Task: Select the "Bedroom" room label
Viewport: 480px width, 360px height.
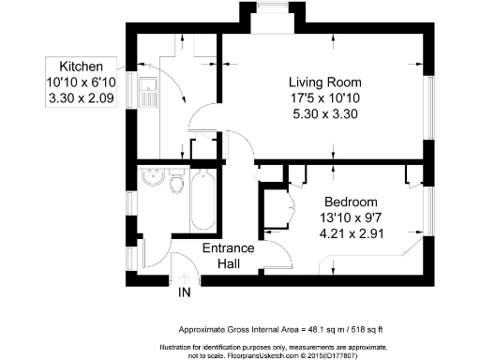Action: click(351, 202)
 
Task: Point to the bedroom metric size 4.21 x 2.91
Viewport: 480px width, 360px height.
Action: click(351, 234)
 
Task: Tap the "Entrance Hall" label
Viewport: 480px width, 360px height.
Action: click(229, 256)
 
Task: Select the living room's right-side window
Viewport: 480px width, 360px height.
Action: click(431, 98)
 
